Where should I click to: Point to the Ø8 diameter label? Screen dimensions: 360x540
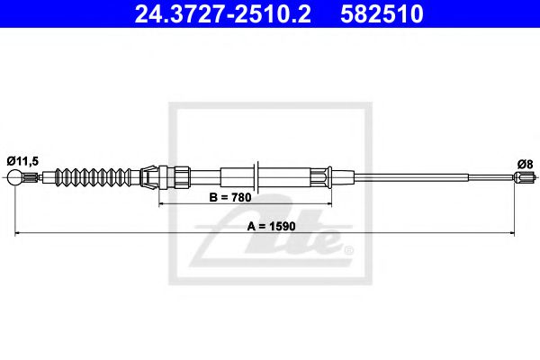pyautogui.click(x=526, y=164)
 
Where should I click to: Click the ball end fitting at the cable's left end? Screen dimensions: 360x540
pyautogui.click(x=16, y=178)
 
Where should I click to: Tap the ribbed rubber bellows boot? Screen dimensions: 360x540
pyautogui.click(x=94, y=176)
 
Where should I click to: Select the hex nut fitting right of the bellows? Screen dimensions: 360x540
pyautogui.click(x=178, y=175)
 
